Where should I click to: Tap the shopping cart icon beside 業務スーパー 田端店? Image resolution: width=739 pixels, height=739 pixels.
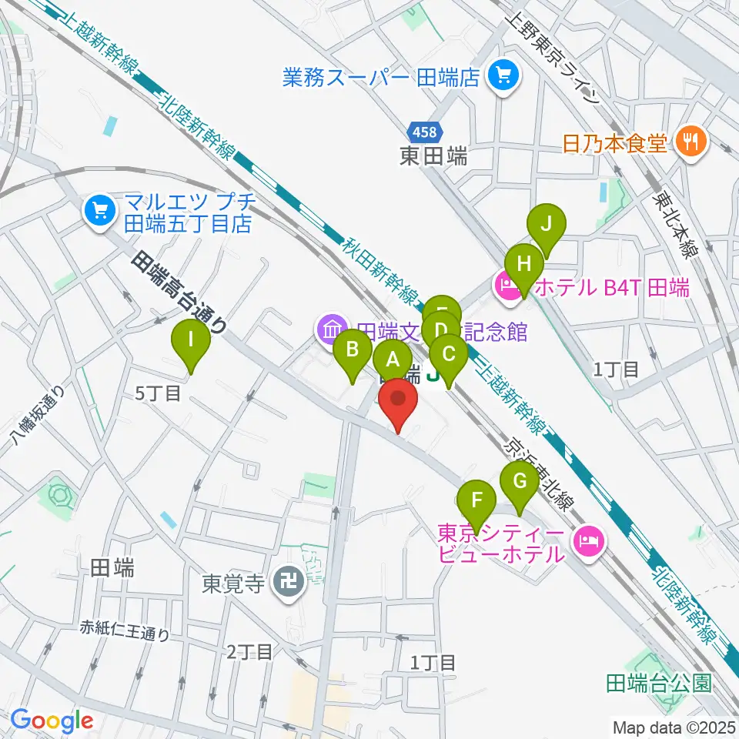pyautogui.click(x=505, y=76)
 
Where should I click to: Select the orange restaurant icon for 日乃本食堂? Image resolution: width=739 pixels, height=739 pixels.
pyautogui.click(x=687, y=142)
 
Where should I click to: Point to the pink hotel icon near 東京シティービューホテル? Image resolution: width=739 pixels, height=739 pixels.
pyautogui.click(x=590, y=542)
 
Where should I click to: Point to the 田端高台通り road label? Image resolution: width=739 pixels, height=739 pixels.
pyautogui.click(x=180, y=293)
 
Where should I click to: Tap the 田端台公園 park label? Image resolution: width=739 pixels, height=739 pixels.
pyautogui.click(x=659, y=683)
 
